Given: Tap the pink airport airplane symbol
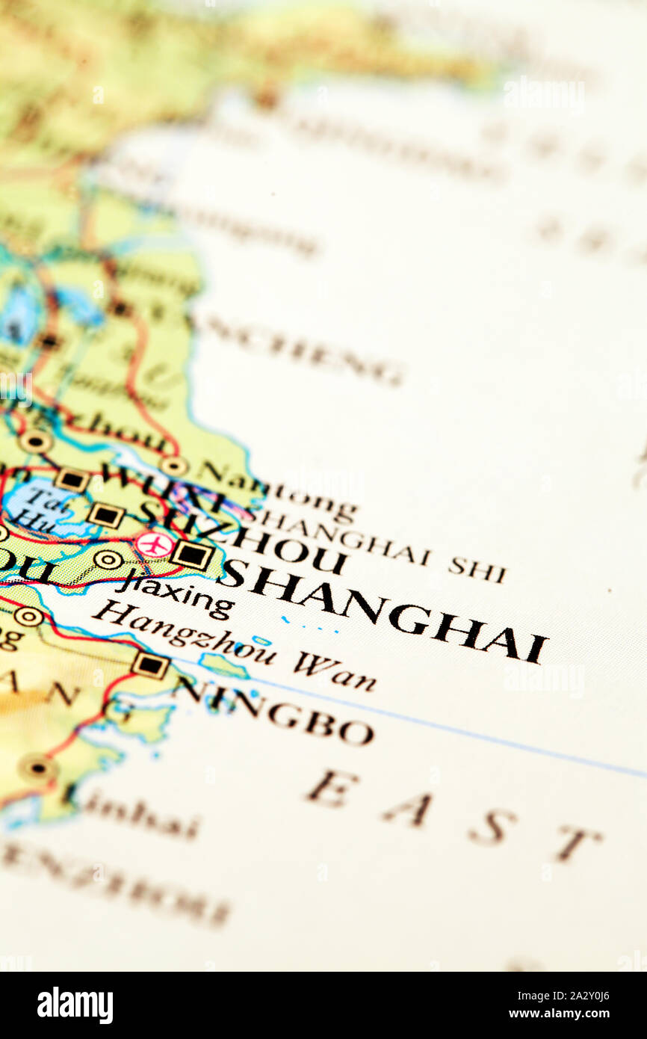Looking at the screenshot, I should click(x=155, y=544).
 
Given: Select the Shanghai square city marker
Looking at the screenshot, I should click(x=193, y=555).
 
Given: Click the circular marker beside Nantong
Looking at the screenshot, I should click(x=173, y=466).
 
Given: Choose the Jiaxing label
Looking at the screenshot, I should click(x=176, y=594).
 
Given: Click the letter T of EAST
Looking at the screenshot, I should click(x=575, y=843).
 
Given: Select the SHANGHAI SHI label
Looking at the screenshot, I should click(x=377, y=546).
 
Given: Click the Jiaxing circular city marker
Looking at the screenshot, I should click(x=109, y=559).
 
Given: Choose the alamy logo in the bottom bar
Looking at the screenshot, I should click(x=75, y=1005).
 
